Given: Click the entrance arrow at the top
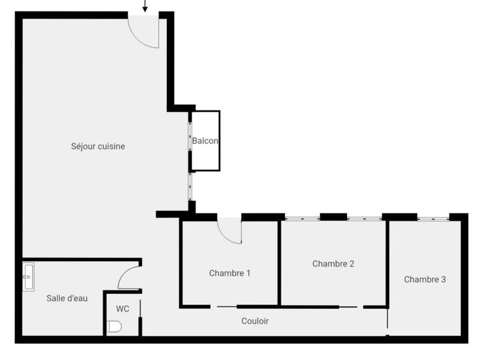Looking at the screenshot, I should click(x=145, y=6).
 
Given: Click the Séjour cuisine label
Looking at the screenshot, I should click(x=98, y=146).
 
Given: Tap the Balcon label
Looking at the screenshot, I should click(x=205, y=141).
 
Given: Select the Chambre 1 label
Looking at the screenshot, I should click(x=230, y=273).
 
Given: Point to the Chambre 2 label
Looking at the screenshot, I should click(x=333, y=264).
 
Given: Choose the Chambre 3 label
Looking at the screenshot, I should click(x=425, y=279).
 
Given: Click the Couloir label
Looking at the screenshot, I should click(x=255, y=321).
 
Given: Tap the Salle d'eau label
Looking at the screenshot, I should click(x=67, y=298).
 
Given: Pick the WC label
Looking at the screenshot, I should click(x=122, y=309).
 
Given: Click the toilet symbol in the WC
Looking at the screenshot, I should click(x=114, y=327).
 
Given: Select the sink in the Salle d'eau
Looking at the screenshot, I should click(x=28, y=277).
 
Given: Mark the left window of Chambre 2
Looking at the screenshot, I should click(x=302, y=218).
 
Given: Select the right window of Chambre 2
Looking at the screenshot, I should click(x=365, y=218).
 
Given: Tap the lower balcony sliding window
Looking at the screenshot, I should click(x=190, y=187).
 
